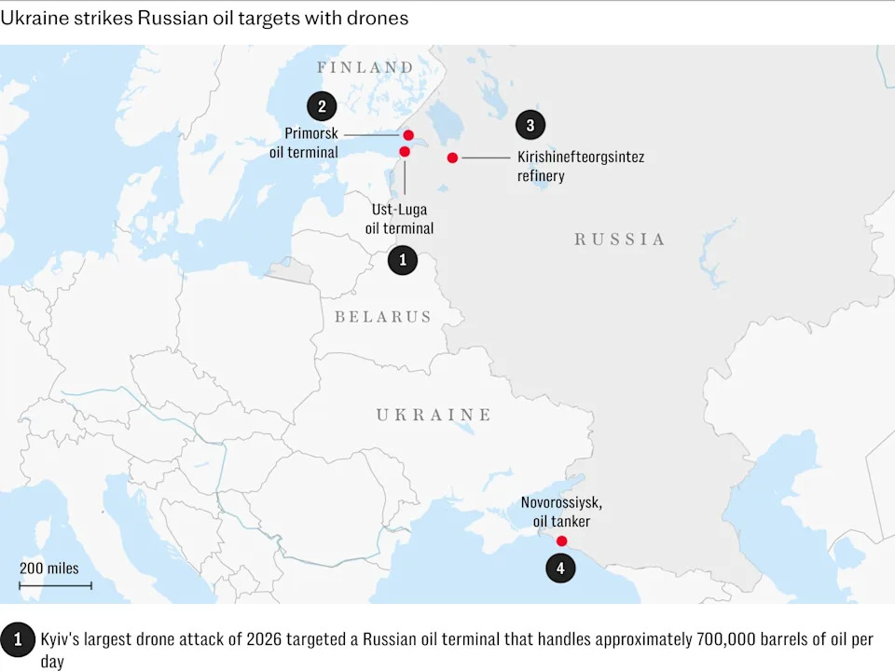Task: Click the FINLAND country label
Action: [365, 67]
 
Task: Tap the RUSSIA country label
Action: [620, 240]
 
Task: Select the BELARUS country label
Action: [383, 317]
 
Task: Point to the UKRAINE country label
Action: [434, 415]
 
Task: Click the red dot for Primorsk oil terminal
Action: [408, 135]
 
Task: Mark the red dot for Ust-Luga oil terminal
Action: [405, 151]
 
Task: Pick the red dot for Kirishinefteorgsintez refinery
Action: [452, 157]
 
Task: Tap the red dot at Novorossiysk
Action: [561, 541]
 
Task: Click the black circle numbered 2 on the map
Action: [322, 105]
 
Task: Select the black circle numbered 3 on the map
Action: [530, 125]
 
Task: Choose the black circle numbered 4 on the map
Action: [560, 568]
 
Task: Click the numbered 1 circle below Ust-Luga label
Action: [402, 260]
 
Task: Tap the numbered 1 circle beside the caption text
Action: [17, 639]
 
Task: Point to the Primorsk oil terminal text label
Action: [311, 143]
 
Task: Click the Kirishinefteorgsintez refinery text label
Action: [580, 166]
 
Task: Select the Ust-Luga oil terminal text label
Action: [399, 219]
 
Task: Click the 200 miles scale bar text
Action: [49, 568]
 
